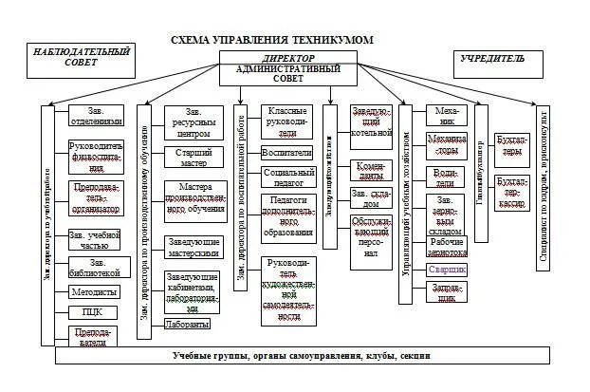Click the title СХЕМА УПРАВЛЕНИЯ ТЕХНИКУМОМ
pyautogui.click(x=273, y=39)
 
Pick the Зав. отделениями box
pyautogui.click(x=99, y=115)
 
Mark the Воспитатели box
pyautogui.click(x=287, y=152)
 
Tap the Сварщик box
pyautogui.click(x=446, y=270)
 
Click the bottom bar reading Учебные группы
pyautogui.click(x=302, y=356)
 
